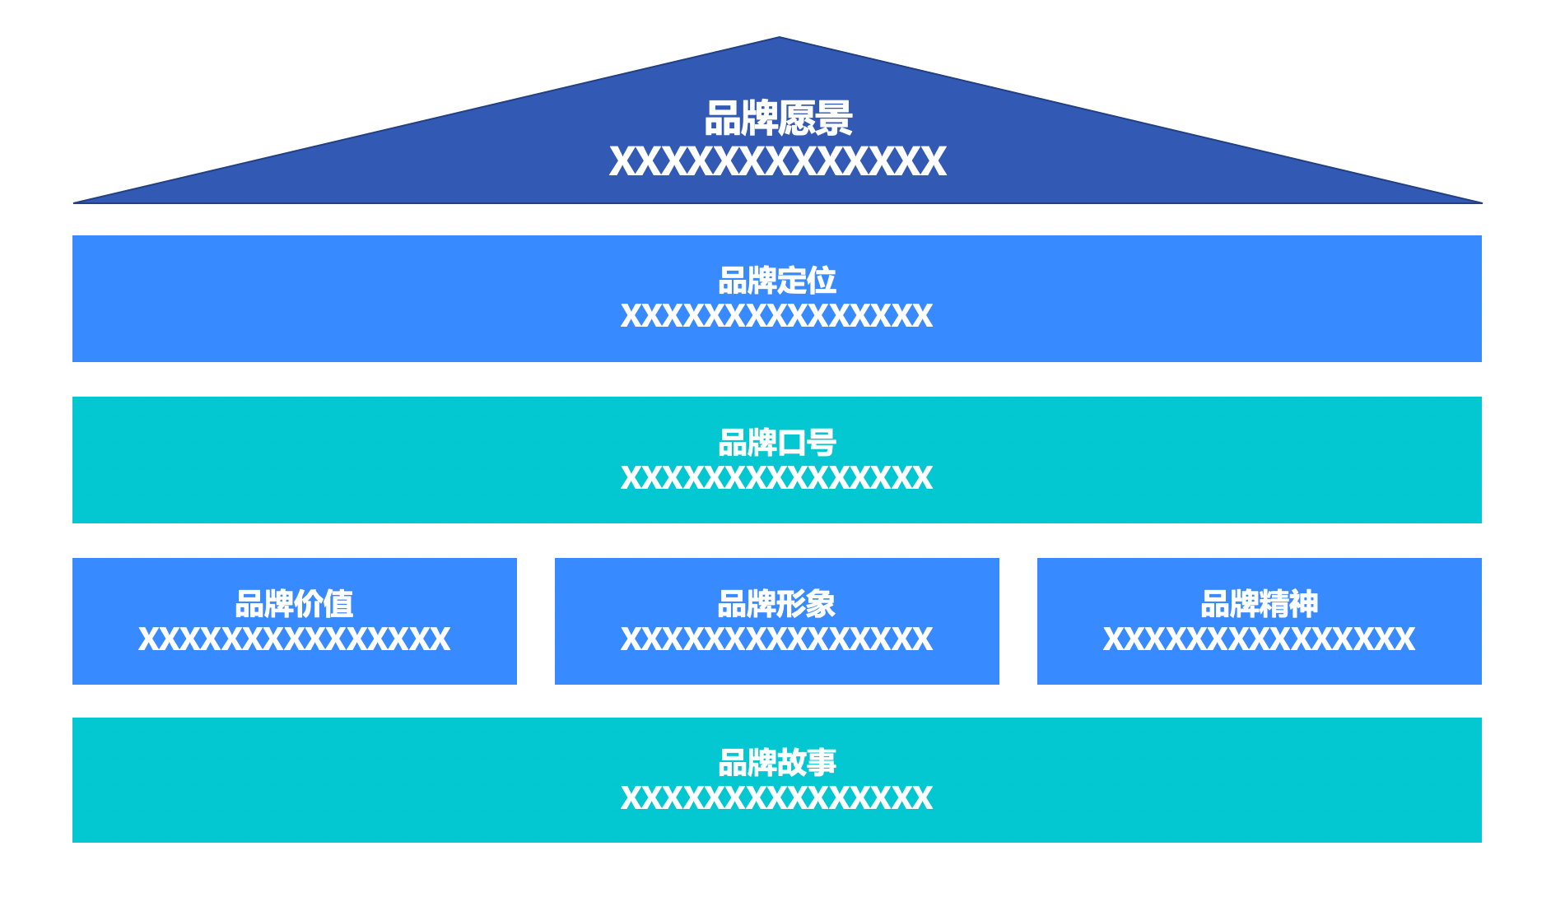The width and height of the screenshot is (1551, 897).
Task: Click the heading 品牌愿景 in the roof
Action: click(x=778, y=119)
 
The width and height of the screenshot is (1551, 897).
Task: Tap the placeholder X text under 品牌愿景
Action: click(x=778, y=161)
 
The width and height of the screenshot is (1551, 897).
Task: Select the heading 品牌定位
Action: click(x=777, y=281)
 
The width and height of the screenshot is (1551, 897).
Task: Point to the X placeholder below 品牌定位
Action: click(x=777, y=316)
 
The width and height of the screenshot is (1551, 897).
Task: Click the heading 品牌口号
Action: click(x=777, y=443)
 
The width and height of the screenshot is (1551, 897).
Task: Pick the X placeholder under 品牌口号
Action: click(x=777, y=478)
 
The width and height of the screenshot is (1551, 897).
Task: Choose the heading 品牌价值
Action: click(x=294, y=604)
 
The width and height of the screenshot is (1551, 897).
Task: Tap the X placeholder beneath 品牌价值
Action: click(x=294, y=639)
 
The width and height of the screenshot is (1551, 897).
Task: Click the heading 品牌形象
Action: click(x=776, y=604)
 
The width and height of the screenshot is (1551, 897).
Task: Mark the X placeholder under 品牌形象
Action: click(x=777, y=639)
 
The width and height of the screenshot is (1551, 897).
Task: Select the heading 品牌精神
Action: click(x=1259, y=604)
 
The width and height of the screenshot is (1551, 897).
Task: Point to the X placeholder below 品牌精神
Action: click(x=1259, y=639)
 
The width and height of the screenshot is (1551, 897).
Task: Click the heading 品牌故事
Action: click(x=777, y=763)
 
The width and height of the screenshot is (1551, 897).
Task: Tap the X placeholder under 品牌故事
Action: click(x=777, y=798)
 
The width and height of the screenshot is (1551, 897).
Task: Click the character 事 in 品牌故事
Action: click(x=822, y=763)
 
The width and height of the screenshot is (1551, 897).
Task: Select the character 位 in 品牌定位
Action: click(x=822, y=281)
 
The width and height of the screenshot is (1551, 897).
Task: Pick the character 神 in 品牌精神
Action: click(x=1303, y=604)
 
